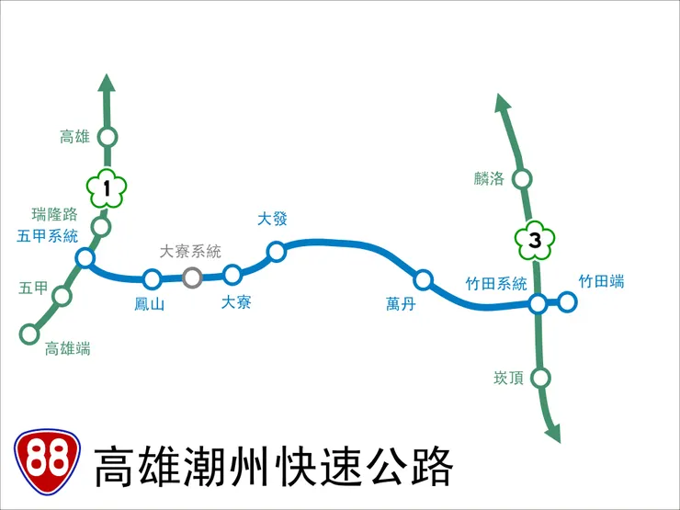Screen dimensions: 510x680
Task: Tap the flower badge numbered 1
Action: point(107,190)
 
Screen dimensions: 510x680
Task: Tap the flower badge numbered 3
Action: point(535,243)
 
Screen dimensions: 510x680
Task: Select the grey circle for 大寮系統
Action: point(192,277)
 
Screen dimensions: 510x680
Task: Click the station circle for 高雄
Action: point(108,137)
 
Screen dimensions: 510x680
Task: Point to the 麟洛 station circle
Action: point(522,178)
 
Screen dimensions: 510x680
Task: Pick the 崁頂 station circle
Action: point(540,377)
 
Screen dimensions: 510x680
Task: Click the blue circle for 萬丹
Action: point(423,279)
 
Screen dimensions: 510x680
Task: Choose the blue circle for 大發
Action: point(276,251)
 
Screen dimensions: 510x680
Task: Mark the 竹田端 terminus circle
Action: point(568,301)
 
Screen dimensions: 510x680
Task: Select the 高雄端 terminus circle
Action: point(29,334)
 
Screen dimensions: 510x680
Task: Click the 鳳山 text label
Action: point(149,304)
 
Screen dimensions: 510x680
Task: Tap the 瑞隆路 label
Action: point(55,215)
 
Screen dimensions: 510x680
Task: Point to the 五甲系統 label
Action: point(48,236)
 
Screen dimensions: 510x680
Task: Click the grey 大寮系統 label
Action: point(190,251)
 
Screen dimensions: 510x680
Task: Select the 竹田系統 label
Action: point(496,283)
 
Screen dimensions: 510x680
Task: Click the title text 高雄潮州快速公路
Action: point(274,467)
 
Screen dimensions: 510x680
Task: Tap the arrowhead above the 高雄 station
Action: point(107,84)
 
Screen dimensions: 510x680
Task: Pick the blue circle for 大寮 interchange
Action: point(232,274)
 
